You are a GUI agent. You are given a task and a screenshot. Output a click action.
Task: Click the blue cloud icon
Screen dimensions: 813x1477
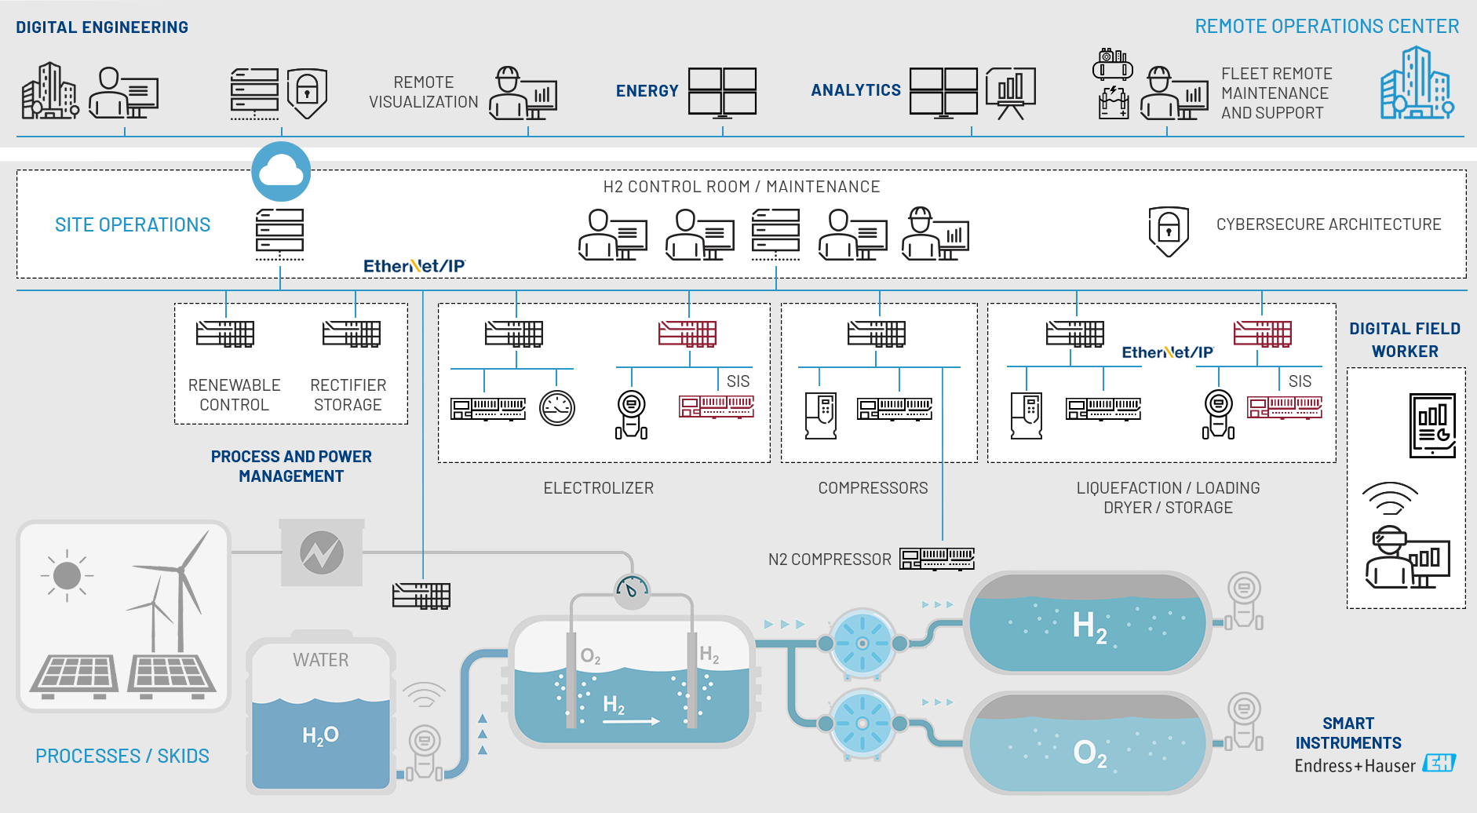coord(281,171)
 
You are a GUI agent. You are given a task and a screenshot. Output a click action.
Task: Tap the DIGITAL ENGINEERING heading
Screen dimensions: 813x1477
coord(102,27)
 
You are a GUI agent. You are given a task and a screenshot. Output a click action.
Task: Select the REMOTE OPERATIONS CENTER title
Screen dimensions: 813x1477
coord(1326,27)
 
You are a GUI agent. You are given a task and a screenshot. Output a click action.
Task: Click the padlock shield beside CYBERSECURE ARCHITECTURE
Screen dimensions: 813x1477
coord(1169,231)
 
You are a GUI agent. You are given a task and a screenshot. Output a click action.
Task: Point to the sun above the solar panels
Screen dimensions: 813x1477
coord(67,575)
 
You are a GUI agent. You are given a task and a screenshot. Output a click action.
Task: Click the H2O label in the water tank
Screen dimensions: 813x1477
coord(320,735)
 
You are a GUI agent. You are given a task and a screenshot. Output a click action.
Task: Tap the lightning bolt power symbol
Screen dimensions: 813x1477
coord(322,552)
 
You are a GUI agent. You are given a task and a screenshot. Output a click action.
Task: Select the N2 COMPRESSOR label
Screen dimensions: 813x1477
coord(830,560)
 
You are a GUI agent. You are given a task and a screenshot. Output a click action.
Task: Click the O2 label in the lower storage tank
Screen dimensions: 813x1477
coord(1089,753)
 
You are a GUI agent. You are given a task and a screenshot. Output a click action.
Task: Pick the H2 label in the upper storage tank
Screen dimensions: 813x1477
coord(1089,627)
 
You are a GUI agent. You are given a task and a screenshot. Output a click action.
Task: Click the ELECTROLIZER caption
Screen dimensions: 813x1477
coord(598,488)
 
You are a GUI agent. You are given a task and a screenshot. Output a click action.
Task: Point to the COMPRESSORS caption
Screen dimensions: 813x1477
coord(873,488)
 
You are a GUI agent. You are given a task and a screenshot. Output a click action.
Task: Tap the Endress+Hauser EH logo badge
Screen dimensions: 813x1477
coord(1439,763)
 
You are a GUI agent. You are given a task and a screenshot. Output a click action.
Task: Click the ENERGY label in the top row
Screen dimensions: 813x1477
coord(647,91)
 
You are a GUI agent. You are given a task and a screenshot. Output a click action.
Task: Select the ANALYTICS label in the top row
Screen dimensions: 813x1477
coord(855,90)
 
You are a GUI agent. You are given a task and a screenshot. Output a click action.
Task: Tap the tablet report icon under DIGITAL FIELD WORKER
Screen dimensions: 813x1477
coord(1432,425)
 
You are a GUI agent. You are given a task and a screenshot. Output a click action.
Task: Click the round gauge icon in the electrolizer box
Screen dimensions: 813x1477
coord(557,408)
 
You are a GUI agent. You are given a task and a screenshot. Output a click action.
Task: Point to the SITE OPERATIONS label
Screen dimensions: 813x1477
coord(133,225)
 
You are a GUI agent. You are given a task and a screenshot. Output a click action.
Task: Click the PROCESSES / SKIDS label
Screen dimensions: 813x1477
coord(122,756)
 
